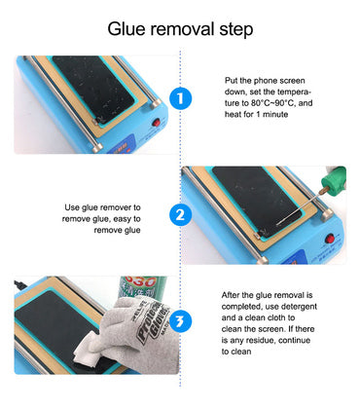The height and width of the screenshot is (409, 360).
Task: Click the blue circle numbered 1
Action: pos(180,98)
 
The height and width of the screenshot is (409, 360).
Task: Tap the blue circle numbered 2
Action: pos(180,214)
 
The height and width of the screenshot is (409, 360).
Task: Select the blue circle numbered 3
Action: pos(180,321)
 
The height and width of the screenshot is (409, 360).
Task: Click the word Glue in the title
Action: pos(126,29)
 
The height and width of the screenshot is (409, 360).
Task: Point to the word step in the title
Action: pos(236,30)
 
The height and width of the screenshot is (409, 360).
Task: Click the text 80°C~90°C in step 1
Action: pos(272,103)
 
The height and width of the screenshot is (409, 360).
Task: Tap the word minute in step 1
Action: pos(275,114)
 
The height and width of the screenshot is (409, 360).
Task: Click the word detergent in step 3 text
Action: pos(299,307)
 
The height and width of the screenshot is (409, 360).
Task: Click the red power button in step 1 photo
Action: pos(157,123)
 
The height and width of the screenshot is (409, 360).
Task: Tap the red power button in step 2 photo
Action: pos(330,240)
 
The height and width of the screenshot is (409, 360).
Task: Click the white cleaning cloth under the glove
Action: pos(90,349)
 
